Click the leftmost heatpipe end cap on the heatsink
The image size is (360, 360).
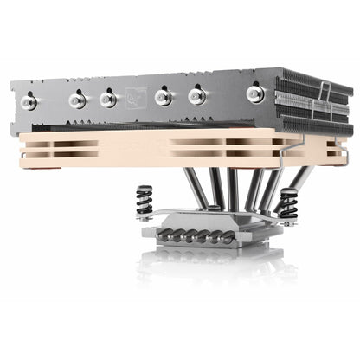(x=28, y=103)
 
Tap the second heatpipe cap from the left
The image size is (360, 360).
(x=78, y=100)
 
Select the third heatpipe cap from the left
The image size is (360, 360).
(x=108, y=99)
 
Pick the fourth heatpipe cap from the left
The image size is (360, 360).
(x=163, y=97)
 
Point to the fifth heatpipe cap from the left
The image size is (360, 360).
(x=196, y=95)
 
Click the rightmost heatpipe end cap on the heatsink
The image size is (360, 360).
(x=256, y=92)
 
